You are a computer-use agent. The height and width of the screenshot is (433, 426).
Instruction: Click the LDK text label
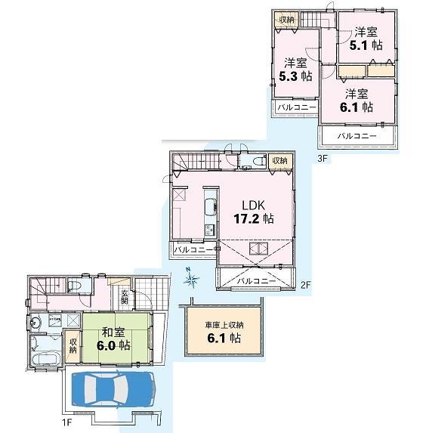coord(255,204)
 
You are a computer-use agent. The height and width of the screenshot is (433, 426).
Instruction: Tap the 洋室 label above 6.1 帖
coord(357,94)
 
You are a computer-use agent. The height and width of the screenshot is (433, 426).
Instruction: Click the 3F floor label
coord(323,158)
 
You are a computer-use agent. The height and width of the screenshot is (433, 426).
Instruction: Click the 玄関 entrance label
coord(124,298)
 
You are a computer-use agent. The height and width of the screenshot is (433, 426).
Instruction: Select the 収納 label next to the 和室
coord(73,345)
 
